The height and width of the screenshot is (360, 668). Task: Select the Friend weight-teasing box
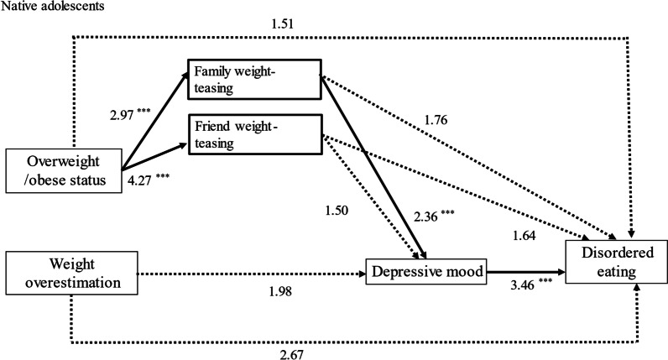(x=253, y=132)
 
